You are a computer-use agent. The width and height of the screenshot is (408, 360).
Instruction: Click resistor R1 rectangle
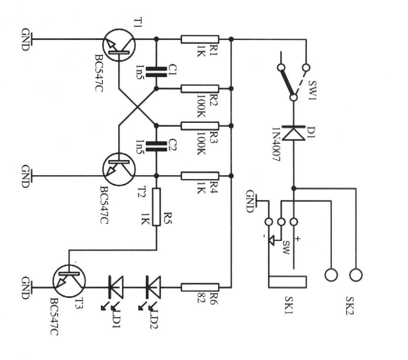(200, 40)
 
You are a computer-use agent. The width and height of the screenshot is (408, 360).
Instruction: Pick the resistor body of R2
(200, 89)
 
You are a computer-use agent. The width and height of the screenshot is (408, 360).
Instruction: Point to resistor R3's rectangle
(200, 126)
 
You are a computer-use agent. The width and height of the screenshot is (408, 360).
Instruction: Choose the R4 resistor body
(200, 176)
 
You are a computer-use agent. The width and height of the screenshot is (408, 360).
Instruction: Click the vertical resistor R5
(157, 207)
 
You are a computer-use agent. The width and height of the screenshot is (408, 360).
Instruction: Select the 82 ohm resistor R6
(200, 287)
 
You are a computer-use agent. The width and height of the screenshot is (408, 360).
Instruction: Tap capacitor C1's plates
(157, 71)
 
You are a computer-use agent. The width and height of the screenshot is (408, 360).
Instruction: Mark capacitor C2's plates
(157, 145)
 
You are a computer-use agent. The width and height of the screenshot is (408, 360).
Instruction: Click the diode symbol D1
(294, 133)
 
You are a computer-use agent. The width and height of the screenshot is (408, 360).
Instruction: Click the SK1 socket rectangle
(288, 281)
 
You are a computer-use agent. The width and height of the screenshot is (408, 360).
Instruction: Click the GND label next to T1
(26, 39)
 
